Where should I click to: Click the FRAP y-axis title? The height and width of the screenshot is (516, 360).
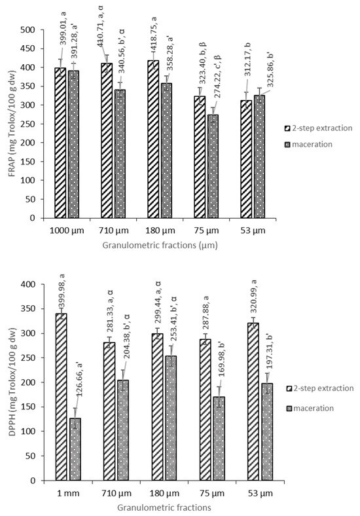[9, 124]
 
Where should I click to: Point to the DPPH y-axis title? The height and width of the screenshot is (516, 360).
[9, 382]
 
